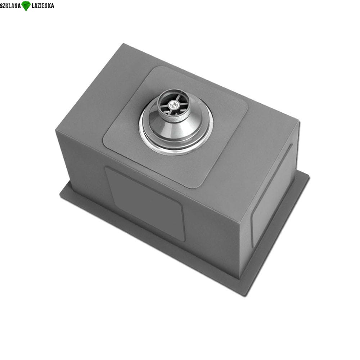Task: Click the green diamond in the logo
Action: [26, 6]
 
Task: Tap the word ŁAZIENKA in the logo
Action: [42, 6]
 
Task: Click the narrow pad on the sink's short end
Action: [272, 195]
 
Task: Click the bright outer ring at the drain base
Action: [176, 152]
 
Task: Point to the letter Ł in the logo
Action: [33, 6]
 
